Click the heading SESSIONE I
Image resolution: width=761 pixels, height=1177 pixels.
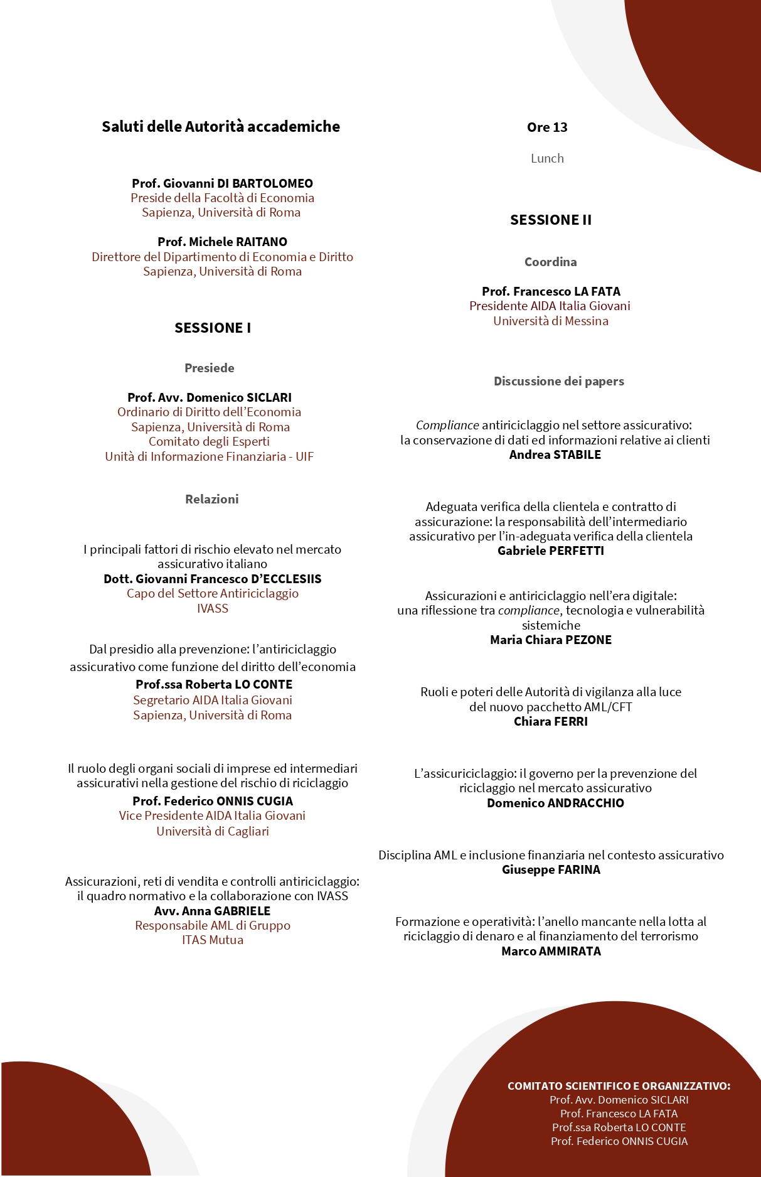tap(213, 328)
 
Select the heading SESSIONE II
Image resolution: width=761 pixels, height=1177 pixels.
tap(551, 220)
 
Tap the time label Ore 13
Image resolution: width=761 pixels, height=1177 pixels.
tap(547, 127)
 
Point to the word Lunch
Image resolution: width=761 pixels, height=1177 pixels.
tap(547, 158)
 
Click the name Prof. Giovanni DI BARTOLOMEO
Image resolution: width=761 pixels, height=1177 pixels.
tap(222, 183)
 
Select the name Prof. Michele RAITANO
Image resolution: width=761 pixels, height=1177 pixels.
tap(222, 242)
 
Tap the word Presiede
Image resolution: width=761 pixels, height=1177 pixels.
tap(210, 368)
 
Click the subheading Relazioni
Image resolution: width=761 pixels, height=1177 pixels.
tap(212, 499)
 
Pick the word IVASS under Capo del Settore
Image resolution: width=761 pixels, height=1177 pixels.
tap(213, 608)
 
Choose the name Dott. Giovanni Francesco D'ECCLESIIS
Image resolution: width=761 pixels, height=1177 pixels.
tap(213, 579)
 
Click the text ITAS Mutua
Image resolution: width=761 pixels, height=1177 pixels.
tap(213, 940)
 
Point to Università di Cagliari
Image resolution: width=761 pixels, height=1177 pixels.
tap(213, 831)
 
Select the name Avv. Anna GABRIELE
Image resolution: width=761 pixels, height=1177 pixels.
tap(213, 911)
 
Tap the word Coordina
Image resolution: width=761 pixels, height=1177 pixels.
tap(551, 262)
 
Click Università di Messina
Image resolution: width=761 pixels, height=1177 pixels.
tap(551, 321)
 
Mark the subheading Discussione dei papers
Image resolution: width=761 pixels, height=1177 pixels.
tap(559, 381)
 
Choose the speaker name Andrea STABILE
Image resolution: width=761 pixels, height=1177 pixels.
tap(555, 454)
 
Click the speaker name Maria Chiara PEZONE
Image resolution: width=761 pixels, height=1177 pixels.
tap(551, 640)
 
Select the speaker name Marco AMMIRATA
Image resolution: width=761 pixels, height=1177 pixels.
tap(551, 951)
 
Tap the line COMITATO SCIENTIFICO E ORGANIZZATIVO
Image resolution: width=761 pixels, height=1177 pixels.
tap(619, 1086)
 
